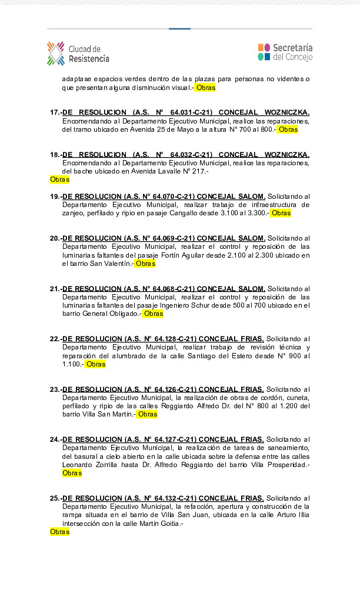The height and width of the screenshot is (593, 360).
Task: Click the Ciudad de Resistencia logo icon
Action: click(x=56, y=53)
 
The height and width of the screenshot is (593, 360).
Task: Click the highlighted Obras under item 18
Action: click(x=59, y=179)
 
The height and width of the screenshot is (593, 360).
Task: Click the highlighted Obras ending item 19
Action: click(x=281, y=213)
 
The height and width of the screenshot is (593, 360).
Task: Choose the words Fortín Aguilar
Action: click(x=194, y=255)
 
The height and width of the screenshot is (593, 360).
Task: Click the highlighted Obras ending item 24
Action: click(x=72, y=473)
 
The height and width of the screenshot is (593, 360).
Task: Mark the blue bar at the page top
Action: click(x=179, y=28)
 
